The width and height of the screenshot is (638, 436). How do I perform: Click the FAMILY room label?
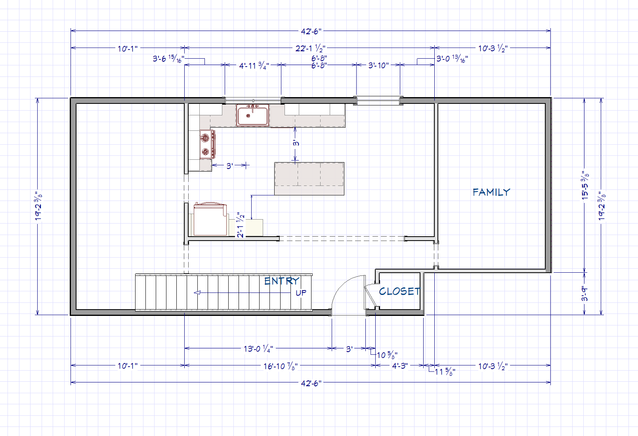491,192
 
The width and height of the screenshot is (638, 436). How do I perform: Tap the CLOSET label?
399,291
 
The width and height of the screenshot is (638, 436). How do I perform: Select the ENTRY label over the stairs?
282,281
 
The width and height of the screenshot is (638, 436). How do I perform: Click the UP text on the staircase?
301,293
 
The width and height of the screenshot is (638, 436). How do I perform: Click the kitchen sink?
252,115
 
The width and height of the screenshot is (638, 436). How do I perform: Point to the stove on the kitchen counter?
207,144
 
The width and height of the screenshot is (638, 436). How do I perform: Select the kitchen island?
309,179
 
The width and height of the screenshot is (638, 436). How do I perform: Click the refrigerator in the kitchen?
210,219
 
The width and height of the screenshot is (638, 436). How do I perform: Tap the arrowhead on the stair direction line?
197,293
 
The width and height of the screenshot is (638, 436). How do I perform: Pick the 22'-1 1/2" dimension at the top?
310,48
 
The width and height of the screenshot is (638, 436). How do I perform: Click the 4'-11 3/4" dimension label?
254,66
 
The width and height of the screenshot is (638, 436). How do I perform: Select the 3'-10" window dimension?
378,65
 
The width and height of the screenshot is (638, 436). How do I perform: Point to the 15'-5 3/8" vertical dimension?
585,185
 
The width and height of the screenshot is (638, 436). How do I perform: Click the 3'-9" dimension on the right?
585,294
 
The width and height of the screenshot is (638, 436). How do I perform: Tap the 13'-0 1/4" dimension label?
258,348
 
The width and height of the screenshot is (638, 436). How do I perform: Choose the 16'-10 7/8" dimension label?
280,366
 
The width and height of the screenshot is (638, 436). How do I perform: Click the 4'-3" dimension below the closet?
400,365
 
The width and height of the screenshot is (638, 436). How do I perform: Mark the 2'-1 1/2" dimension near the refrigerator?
241,225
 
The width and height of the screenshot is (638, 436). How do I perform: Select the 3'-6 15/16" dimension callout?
169,59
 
